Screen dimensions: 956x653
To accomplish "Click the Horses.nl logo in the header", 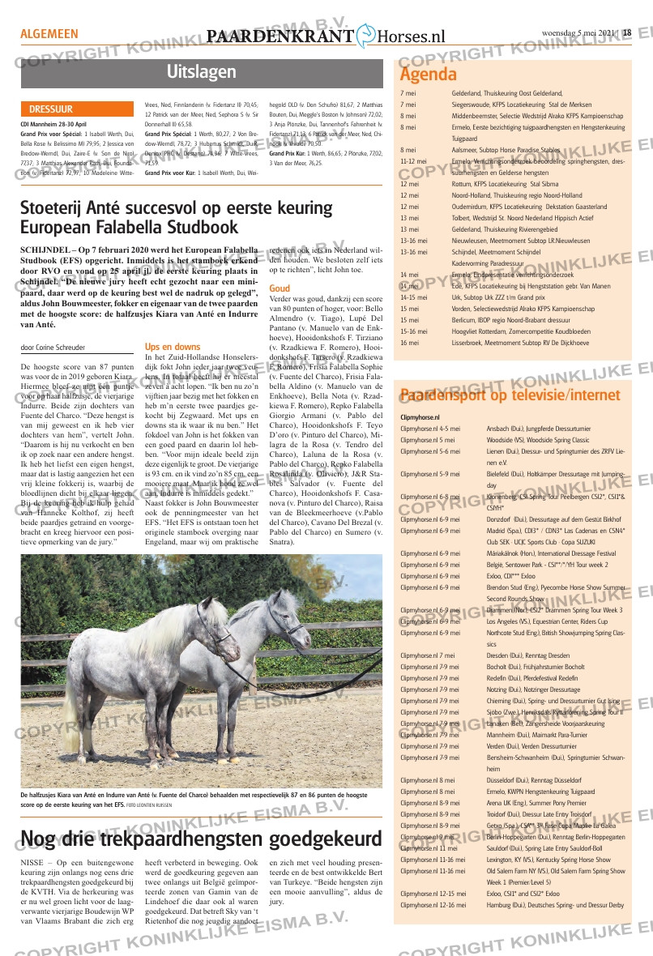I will [x=402, y=36].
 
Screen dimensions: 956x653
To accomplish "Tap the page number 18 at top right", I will [x=627, y=33].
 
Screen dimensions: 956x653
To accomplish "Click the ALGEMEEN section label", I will [x=49, y=34].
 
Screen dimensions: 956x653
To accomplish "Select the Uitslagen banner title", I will [x=202, y=72].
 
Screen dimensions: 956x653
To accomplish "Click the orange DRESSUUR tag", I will [x=51, y=109].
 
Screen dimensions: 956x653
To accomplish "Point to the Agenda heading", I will [x=429, y=75].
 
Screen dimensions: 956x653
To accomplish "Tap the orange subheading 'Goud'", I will [x=280, y=288].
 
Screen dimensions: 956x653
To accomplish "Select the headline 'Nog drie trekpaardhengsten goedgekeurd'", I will [x=202, y=838].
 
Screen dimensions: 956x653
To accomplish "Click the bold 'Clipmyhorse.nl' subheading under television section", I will [x=420, y=417].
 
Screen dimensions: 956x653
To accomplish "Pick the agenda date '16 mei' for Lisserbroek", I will [x=410, y=343].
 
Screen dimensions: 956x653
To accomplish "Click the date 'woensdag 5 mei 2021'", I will [x=578, y=33].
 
